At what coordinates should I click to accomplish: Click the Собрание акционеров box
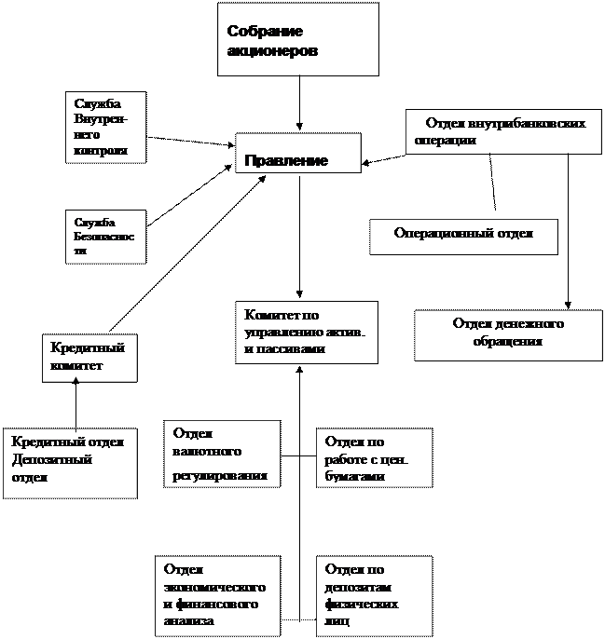click(297, 39)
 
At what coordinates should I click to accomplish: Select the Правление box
click(296, 153)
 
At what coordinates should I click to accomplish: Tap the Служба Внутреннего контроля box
click(105, 127)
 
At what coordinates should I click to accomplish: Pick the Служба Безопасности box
click(105, 237)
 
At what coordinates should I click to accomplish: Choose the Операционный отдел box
click(463, 236)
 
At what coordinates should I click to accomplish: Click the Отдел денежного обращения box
click(509, 334)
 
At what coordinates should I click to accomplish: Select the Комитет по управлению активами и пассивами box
click(306, 332)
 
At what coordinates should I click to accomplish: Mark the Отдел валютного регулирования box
click(221, 454)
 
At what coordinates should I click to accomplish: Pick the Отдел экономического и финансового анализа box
click(217, 595)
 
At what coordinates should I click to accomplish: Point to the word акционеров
click(272, 51)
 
